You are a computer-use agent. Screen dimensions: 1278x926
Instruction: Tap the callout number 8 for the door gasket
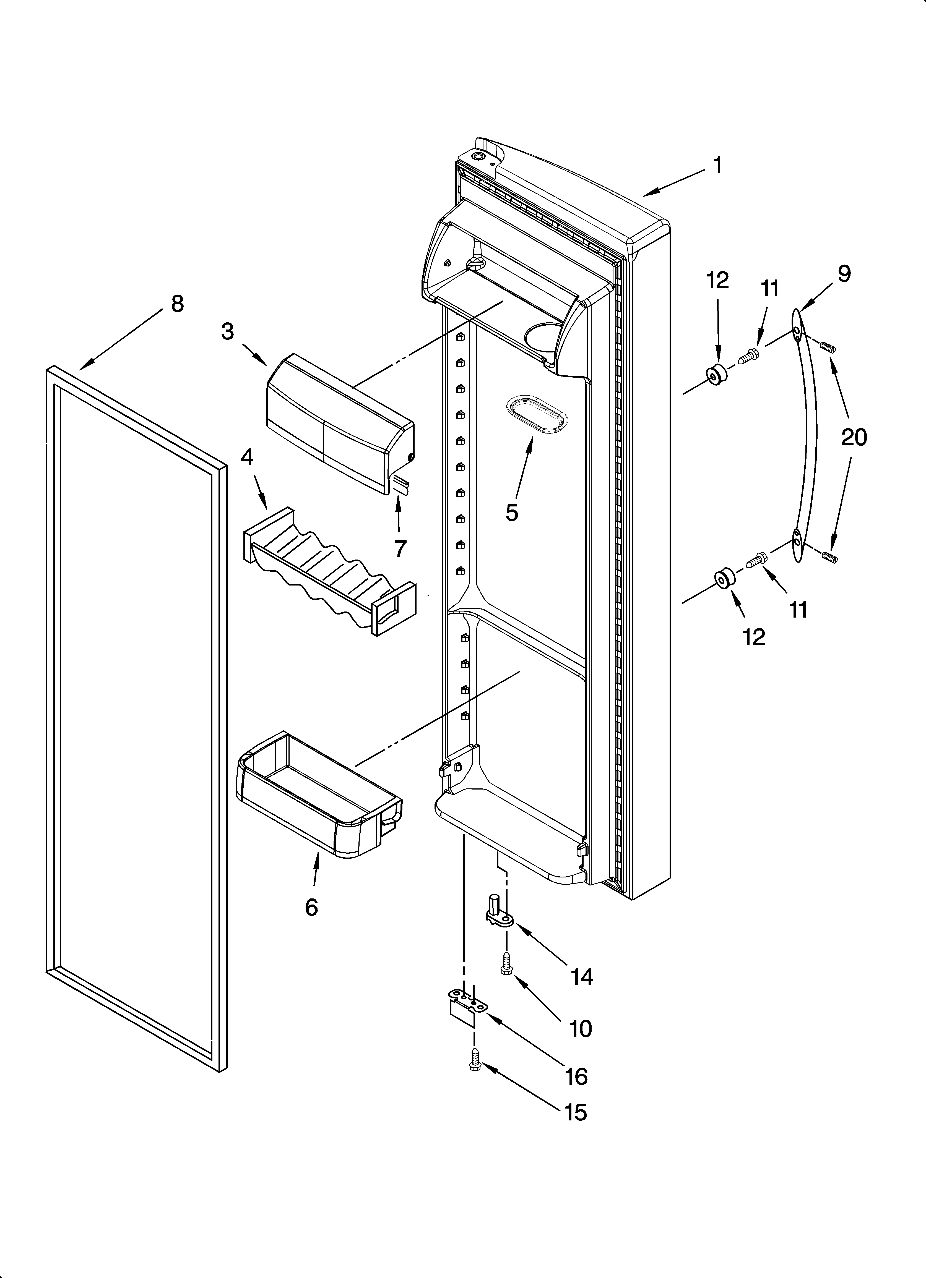tap(177, 304)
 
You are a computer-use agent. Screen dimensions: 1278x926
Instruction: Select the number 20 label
tap(854, 437)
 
